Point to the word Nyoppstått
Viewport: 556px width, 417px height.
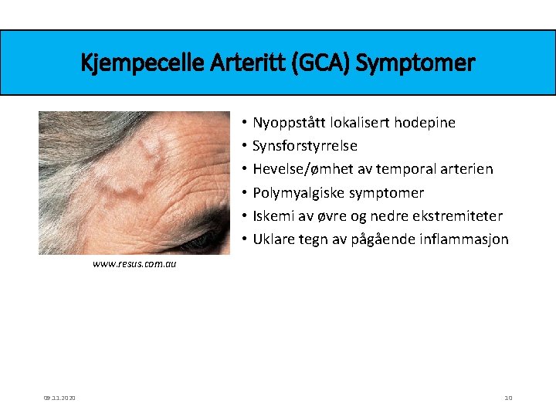[289, 123]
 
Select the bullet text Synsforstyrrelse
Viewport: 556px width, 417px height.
[304, 146]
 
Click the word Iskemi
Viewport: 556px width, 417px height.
[273, 216]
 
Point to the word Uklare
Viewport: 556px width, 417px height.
[274, 239]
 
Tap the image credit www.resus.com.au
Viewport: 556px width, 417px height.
[134, 264]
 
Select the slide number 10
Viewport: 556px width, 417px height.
[508, 398]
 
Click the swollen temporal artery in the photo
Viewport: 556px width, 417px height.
[143, 166]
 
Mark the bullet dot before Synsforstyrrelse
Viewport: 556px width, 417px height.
[242, 146]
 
